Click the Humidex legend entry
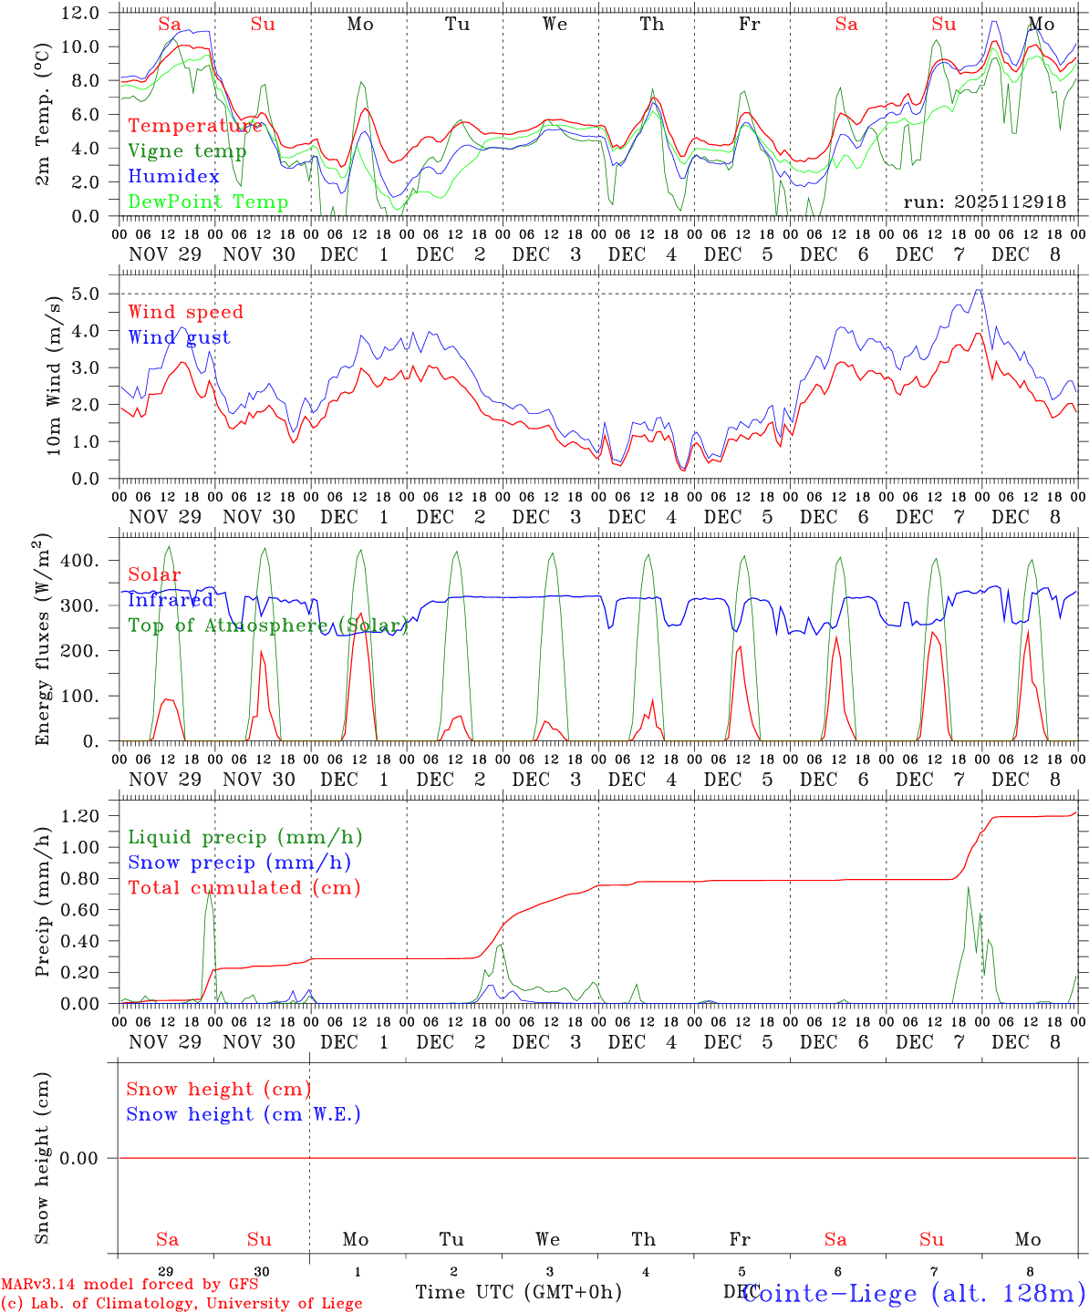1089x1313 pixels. point(173,176)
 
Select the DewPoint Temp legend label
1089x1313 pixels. point(208,202)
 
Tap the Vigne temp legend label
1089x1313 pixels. point(187,150)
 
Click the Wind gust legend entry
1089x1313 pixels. point(179,337)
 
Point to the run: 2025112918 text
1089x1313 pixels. point(984,202)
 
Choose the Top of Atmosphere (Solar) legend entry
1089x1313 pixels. point(267,625)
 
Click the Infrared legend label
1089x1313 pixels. point(171,600)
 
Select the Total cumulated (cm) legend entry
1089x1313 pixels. point(244,887)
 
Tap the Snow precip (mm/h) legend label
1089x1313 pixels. point(239,863)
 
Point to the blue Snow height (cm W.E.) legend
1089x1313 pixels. point(244,1114)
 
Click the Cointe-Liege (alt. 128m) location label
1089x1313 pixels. point(914,1293)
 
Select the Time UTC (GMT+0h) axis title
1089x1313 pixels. point(518,1292)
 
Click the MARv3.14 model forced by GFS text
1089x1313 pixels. point(130,1285)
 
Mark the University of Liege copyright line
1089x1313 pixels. point(181,1304)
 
